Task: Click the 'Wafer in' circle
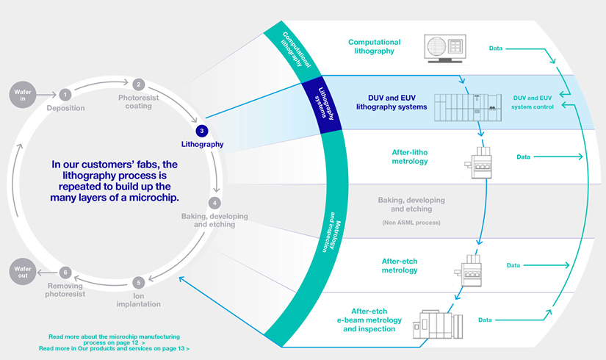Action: pos(21,93)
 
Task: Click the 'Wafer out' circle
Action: pos(21,273)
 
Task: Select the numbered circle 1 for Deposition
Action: pos(65,94)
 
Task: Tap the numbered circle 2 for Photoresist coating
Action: pos(138,85)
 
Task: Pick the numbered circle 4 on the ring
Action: pos(214,202)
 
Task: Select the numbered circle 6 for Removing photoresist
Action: pos(65,273)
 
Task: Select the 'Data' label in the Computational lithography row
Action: pos(496,48)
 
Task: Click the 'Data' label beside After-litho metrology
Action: pos(523,156)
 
